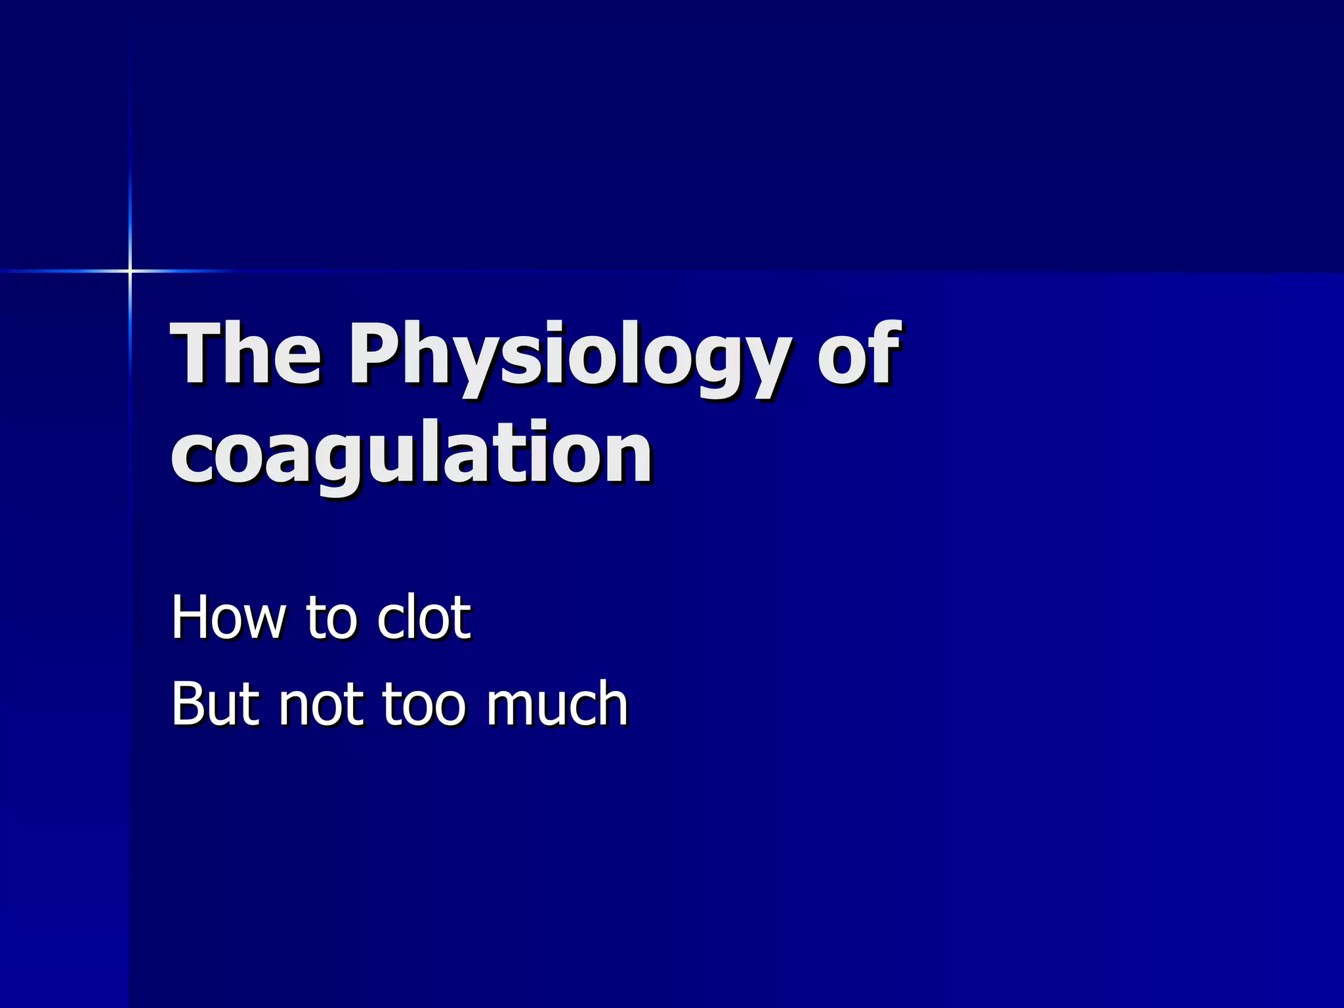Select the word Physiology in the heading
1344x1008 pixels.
[568, 358]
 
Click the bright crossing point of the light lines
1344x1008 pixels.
[130, 270]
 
